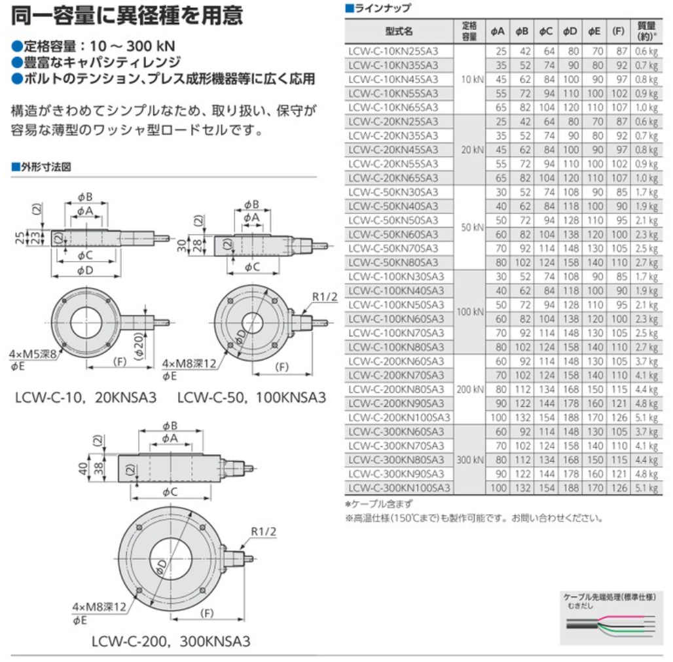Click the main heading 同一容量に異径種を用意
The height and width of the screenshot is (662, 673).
pyautogui.click(x=127, y=15)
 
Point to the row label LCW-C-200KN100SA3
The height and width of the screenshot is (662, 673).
pyautogui.click(x=399, y=417)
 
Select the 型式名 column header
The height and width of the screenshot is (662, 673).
pyautogui.click(x=399, y=31)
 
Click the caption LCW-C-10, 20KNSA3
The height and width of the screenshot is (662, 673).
pyautogui.click(x=86, y=397)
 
